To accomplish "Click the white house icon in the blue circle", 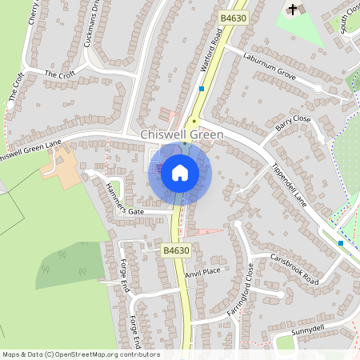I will point(180,173).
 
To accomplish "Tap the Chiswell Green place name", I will point(182,135).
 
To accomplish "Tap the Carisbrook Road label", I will point(294,270).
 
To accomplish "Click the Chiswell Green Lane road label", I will point(30,149).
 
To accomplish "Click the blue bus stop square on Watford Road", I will point(202,89).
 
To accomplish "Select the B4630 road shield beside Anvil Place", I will point(175,250).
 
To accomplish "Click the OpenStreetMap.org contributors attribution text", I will point(114,354).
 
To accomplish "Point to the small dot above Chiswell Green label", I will point(193,121).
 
